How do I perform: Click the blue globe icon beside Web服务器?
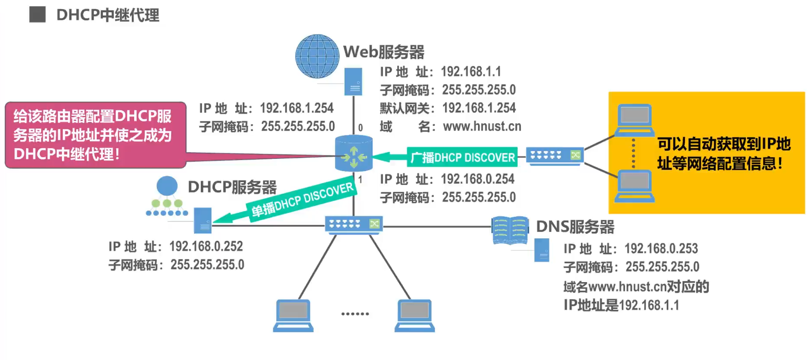point(317,57)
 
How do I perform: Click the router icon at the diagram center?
point(354,154)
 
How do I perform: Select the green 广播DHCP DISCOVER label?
point(462,157)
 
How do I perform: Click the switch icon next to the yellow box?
point(554,156)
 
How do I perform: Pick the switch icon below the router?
point(354,225)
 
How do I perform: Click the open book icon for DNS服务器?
point(510,230)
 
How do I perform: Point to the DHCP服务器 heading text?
point(232,187)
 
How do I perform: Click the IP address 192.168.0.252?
point(206,246)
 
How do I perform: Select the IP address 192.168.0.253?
point(661,249)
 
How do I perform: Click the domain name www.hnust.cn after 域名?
point(482,126)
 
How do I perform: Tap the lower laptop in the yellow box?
point(635,186)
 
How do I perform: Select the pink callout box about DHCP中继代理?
point(95,135)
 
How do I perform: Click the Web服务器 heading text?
point(383,52)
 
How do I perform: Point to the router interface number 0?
point(360,128)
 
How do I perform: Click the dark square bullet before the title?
point(37,14)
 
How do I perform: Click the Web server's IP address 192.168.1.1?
point(470,71)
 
